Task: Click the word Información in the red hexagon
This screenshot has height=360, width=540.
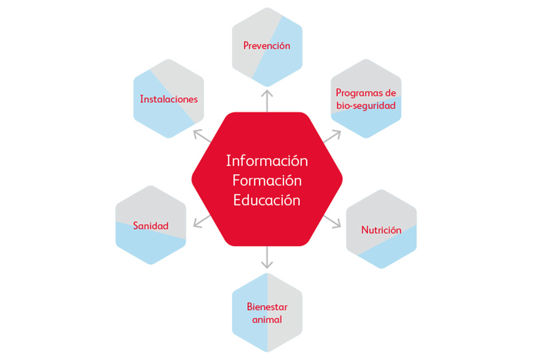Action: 267,161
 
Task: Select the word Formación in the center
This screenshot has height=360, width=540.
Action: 267,181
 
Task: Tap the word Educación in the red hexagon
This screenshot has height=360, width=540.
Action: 267,200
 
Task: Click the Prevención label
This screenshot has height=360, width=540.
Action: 267,46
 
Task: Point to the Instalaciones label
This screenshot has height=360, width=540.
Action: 169,99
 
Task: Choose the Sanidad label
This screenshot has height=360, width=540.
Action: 151,226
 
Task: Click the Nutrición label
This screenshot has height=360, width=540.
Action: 381,230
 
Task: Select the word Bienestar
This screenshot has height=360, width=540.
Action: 267,307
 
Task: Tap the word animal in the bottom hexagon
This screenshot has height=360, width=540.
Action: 267,319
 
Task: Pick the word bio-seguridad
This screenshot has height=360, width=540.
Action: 366,105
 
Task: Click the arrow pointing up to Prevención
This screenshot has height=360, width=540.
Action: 267,100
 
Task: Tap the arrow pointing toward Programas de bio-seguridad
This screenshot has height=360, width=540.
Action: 332,136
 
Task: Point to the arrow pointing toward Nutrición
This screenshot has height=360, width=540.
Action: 332,221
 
